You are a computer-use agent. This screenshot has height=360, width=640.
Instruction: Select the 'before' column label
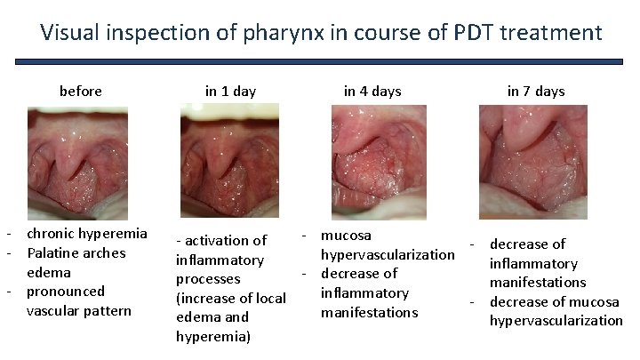click(80, 91)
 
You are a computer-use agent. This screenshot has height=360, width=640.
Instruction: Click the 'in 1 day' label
click(230, 91)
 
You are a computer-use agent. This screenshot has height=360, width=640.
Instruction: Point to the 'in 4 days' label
click(372, 91)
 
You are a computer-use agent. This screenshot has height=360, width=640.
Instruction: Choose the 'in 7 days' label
click(536, 91)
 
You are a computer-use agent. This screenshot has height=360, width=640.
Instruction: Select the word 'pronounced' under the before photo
click(66, 292)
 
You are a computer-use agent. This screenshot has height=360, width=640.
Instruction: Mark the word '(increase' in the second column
click(207, 298)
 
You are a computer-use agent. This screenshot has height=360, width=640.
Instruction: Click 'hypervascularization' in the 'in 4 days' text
click(388, 254)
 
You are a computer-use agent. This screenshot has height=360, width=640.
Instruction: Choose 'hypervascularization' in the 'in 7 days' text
click(556, 320)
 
